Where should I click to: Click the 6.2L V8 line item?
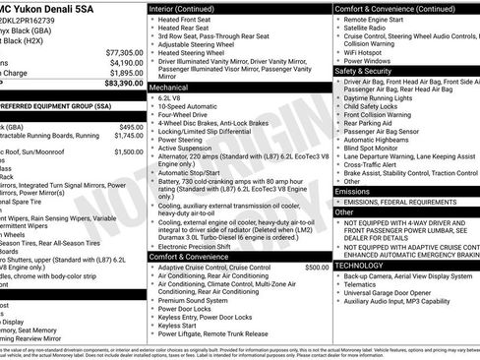point(172,99)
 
